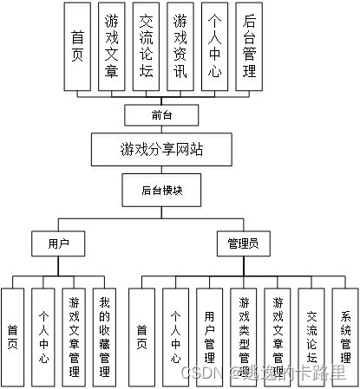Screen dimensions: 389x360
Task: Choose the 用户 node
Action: (58, 244)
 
